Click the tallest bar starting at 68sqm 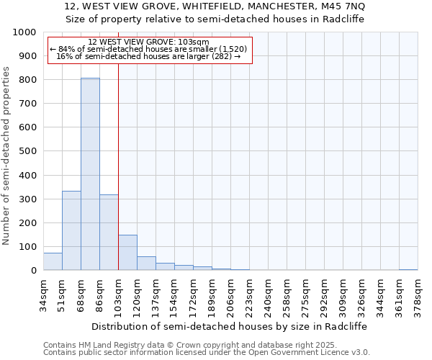pyautogui.click(x=90, y=174)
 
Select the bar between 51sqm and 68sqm pyautogui.click(x=71, y=230)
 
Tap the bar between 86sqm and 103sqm pyautogui.click(x=109, y=233)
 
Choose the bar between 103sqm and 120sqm pyautogui.click(x=127, y=253)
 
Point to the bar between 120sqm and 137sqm pyautogui.click(x=146, y=264)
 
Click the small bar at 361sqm pyautogui.click(x=408, y=270)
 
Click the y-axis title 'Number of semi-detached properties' pyautogui.click(x=6, y=156)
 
